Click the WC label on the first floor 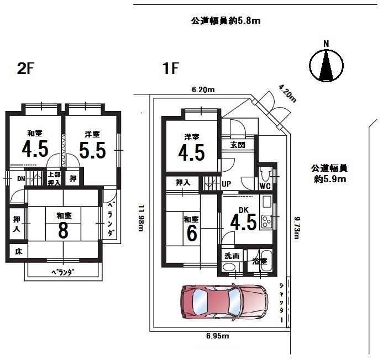click(265, 186)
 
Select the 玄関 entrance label click(238, 145)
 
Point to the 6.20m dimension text click(203, 90)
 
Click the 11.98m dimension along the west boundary click(141, 218)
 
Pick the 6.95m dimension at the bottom click(218, 336)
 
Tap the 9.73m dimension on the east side click(297, 228)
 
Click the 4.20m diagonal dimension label click(288, 93)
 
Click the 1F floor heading click(170, 68)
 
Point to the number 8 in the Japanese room click(63, 230)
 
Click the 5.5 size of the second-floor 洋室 click(92, 150)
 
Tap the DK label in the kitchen click(244, 210)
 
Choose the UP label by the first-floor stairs click(227, 184)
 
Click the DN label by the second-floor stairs click(21, 179)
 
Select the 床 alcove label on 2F click(19, 251)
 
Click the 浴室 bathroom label click(260, 261)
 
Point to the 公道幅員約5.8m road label click(225, 21)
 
